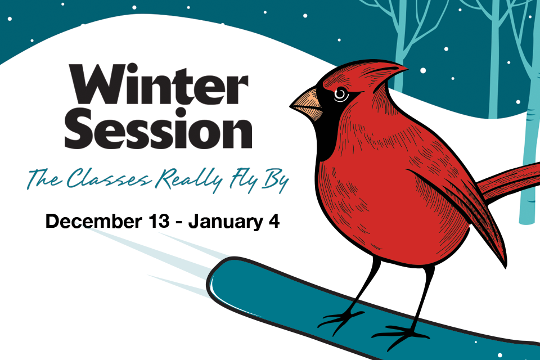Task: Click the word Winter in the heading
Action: (159, 84)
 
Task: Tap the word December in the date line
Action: (93, 221)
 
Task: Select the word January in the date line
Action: (226, 222)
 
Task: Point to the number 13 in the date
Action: (159, 221)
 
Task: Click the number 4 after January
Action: (274, 222)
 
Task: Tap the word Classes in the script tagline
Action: (109, 178)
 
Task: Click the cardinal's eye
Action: (341, 94)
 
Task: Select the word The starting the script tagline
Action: (44, 178)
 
